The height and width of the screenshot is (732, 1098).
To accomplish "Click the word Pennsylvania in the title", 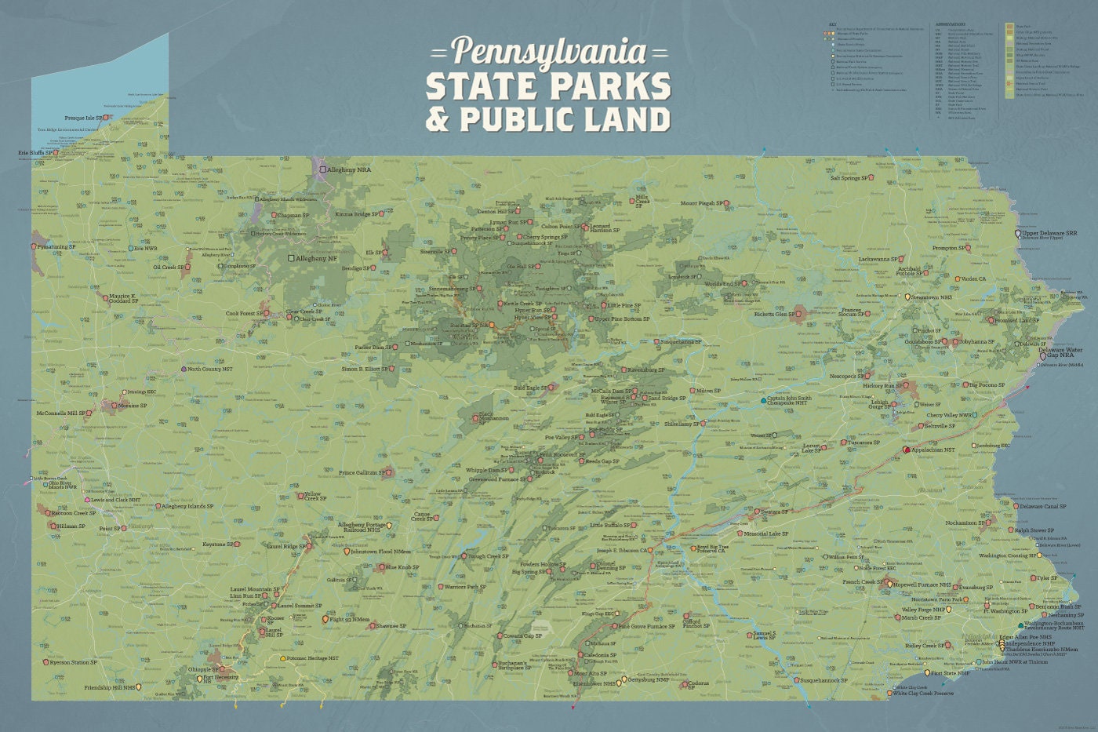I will click(x=549, y=51).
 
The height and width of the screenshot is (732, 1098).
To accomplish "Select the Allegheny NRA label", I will click(x=351, y=169).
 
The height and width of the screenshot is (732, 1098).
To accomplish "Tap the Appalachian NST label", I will click(x=933, y=450).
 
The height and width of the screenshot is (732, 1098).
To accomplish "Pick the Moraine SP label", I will click(x=132, y=406).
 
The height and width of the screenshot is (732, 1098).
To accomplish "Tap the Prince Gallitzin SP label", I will click(x=362, y=473).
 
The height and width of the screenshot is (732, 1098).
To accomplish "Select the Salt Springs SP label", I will click(x=850, y=178).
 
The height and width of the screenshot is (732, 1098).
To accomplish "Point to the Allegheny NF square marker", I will click(x=291, y=257).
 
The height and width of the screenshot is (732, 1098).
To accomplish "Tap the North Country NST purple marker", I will click(x=184, y=368).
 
